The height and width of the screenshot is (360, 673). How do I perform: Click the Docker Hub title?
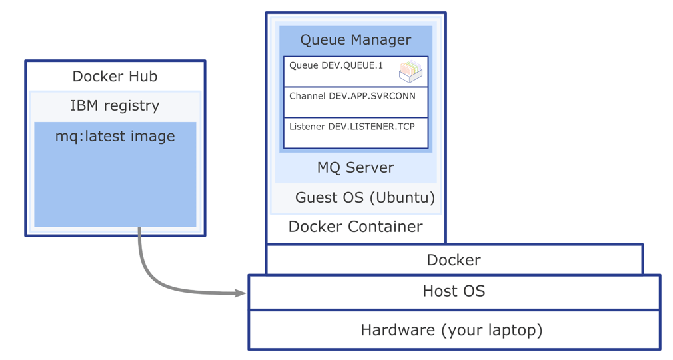click(115, 76)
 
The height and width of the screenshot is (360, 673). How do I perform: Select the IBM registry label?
click(115, 105)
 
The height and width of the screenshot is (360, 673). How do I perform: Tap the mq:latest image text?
click(115, 136)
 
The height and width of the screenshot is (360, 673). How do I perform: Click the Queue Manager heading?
click(355, 39)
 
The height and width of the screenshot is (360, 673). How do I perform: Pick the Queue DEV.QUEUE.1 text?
click(336, 65)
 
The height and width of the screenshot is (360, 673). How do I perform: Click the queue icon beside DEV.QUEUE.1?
click(410, 71)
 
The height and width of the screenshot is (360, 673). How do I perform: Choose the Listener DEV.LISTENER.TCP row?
click(352, 127)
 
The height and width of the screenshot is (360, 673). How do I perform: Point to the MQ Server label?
click(355, 167)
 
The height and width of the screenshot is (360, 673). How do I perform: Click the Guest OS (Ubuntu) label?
click(364, 197)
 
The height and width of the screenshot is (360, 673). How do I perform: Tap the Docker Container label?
click(355, 227)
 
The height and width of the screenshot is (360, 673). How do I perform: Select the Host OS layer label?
click(454, 291)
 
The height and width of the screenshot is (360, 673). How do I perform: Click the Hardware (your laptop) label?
click(452, 330)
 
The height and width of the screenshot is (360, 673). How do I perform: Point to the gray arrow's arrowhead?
click(241, 293)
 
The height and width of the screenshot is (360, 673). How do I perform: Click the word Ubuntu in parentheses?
click(402, 197)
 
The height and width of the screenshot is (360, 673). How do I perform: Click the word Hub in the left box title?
click(143, 76)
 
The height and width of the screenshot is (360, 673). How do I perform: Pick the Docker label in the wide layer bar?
click(454, 260)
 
